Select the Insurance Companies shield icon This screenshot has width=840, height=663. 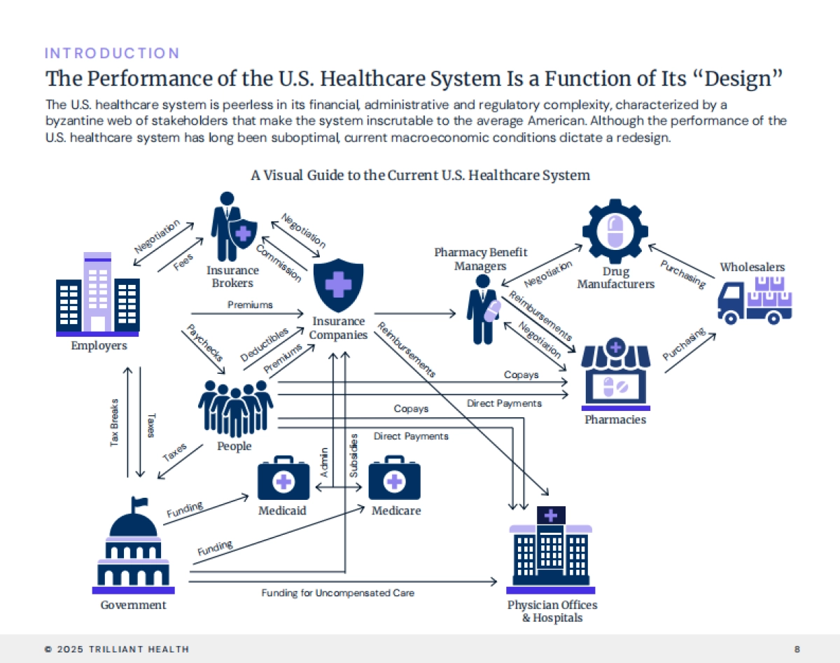[339, 284]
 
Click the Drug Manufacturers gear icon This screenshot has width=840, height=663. [615, 231]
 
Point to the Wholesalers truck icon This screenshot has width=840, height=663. [755, 300]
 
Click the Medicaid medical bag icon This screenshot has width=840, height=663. [283, 478]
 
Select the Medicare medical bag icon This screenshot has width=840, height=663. [395, 478]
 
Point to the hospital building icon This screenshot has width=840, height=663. [551, 550]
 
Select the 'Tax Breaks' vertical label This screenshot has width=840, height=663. [115, 422]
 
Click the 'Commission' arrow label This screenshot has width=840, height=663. [279, 263]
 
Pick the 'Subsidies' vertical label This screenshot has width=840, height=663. [354, 456]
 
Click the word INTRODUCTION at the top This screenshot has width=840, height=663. [112, 53]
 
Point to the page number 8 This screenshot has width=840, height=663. [797, 649]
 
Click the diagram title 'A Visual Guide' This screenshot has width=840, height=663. [420, 175]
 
